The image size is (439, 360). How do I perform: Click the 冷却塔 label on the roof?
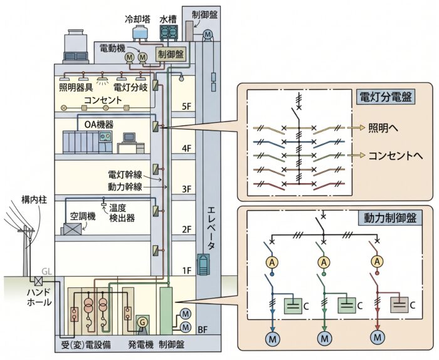[x=138, y=19]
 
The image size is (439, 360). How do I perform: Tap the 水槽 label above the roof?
[x=168, y=19]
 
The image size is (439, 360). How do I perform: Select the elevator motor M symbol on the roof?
[x=208, y=34]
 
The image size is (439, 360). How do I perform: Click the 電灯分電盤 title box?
[x=386, y=98]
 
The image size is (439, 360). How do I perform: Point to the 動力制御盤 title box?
[x=390, y=218]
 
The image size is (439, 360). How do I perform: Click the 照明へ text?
[x=383, y=128]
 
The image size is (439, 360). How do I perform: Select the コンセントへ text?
[x=395, y=156]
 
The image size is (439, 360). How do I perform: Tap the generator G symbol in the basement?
[x=142, y=322]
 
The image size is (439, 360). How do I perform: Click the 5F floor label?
[x=186, y=107]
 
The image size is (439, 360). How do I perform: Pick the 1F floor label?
[x=186, y=271]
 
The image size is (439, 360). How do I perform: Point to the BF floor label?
[x=203, y=329]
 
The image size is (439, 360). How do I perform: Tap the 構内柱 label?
[x=34, y=200]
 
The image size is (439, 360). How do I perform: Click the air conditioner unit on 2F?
[x=72, y=229]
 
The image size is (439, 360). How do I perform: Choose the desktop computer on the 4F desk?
[x=129, y=137]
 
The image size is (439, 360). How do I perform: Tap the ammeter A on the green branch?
[x=324, y=263]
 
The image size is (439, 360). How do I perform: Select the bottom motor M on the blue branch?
[x=272, y=339]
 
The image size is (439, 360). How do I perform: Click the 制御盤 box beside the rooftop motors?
[x=171, y=55]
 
